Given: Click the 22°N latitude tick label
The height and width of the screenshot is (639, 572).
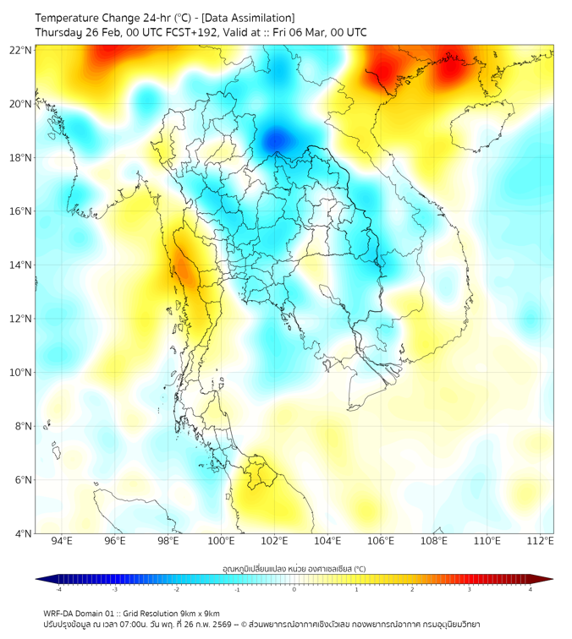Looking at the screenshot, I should [x=21, y=50].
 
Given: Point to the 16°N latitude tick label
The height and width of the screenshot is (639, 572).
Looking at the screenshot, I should [x=21, y=211].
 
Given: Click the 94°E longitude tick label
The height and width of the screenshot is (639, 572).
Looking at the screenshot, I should [x=62, y=541].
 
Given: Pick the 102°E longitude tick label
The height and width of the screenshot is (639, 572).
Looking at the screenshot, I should [x=274, y=541].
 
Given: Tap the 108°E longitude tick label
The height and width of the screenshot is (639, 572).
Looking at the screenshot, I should [x=434, y=541].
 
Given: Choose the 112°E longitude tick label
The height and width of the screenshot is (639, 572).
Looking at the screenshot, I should [x=540, y=541].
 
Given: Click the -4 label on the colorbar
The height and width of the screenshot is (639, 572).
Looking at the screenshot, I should [x=58, y=589].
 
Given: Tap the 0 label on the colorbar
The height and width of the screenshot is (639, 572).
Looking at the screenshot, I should [x=294, y=589].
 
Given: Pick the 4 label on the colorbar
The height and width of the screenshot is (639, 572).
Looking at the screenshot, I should [x=531, y=589].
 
